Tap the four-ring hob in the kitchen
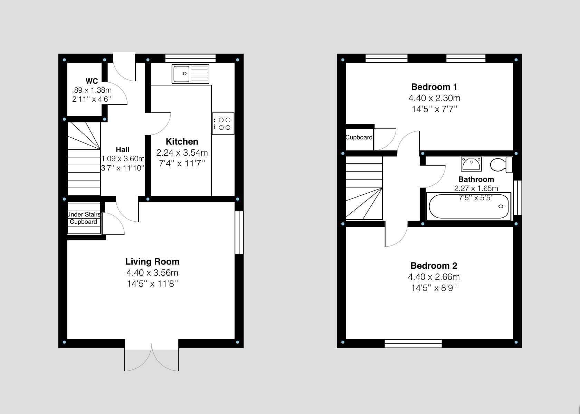point(223,124)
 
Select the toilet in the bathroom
point(502,164)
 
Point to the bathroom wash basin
point(471,164)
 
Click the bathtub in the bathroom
point(469,206)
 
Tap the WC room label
point(92,81)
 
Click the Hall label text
point(123,149)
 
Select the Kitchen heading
point(182,141)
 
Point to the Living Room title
point(152,261)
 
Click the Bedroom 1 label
point(434,87)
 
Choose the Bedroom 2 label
point(434,266)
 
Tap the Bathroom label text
point(476,180)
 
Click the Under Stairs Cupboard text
point(84,218)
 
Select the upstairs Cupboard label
point(359,137)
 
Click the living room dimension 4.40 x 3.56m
point(152,273)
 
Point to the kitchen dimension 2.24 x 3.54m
point(182,153)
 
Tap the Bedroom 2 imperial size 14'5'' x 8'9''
point(434,288)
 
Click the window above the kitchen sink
point(190,58)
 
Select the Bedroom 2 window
point(413,343)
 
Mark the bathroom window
point(517,197)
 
